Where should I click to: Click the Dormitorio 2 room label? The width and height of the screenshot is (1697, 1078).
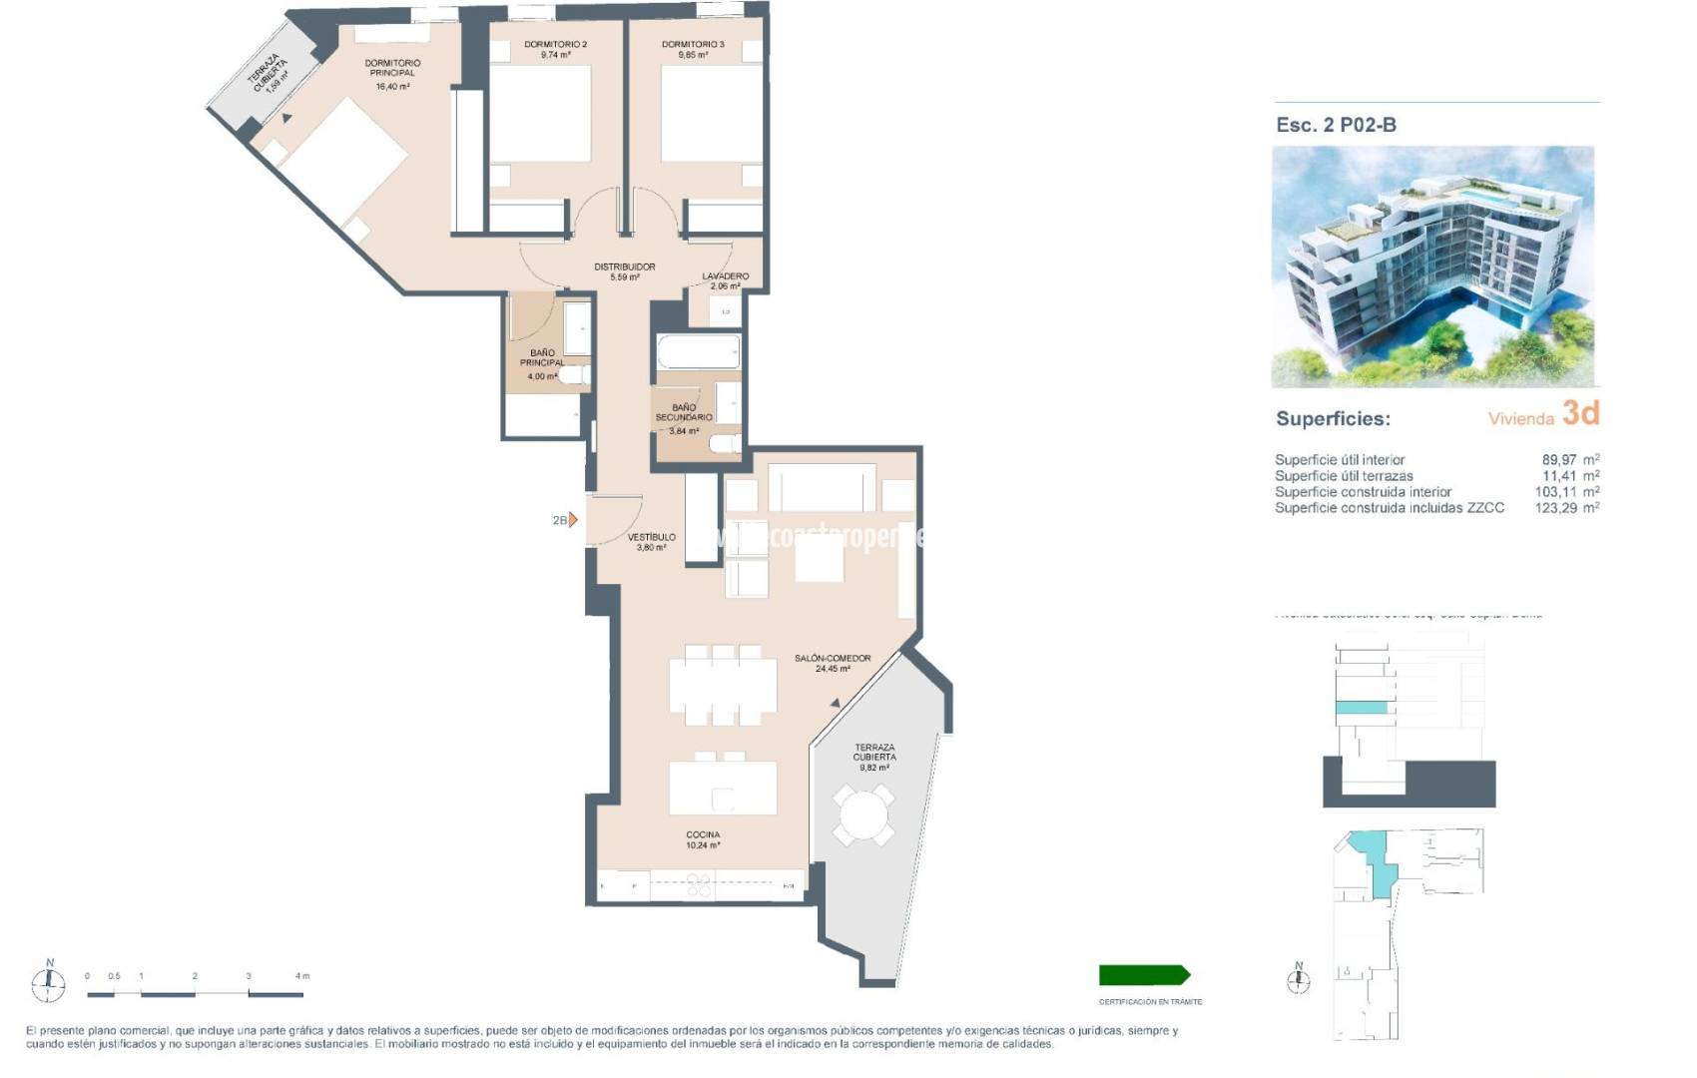(555, 44)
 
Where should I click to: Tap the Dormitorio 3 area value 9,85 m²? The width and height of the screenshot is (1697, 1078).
(693, 56)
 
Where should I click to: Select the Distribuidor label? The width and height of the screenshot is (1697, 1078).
(624, 267)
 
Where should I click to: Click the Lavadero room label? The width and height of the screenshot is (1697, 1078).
(725, 275)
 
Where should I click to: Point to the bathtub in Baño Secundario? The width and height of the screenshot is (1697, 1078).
(698, 352)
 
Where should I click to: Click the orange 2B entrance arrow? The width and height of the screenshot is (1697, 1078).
(572, 520)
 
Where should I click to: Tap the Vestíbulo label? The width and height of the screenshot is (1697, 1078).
(651, 537)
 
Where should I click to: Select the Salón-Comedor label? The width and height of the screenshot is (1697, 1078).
(833, 658)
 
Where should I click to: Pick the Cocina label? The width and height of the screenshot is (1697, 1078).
(703, 834)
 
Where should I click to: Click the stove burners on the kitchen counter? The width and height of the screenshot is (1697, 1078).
(699, 884)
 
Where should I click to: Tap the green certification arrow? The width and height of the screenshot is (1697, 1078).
(1144, 975)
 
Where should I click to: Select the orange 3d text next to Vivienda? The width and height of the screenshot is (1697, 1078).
(1580, 413)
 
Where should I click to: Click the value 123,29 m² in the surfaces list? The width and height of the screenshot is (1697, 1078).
(1566, 508)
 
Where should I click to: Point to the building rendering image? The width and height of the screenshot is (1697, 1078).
(1432, 267)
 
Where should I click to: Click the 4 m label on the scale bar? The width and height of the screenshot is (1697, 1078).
(301, 976)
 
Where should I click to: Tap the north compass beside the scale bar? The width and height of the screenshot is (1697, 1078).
(49, 983)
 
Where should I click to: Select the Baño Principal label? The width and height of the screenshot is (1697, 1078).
(542, 357)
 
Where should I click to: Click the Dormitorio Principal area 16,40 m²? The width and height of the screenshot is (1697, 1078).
(392, 87)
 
